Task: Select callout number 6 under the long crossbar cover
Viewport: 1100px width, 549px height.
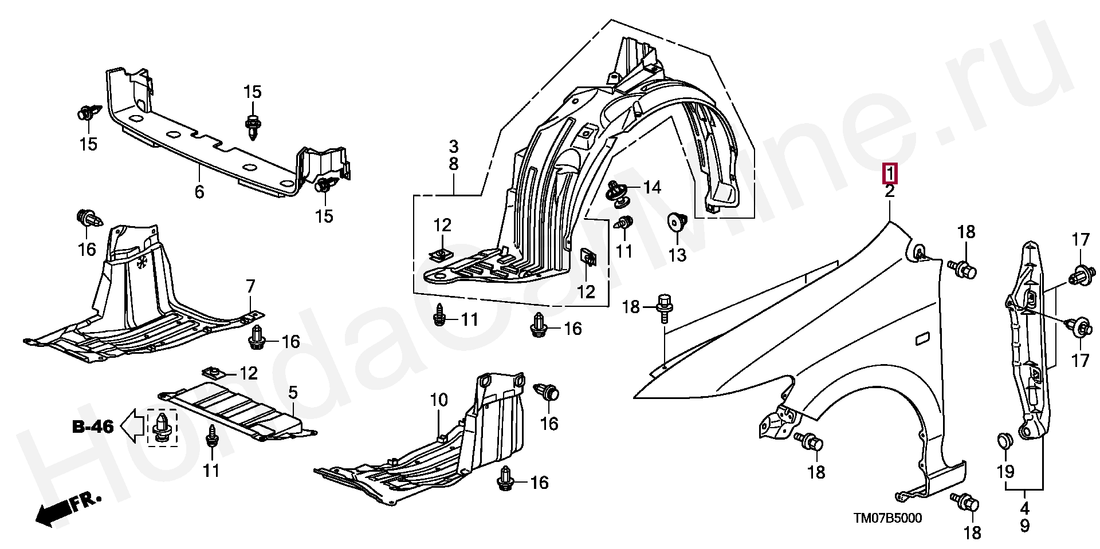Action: coord(199,191)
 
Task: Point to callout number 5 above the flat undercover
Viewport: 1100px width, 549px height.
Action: coord(293,392)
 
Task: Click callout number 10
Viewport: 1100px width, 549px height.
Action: coord(439,400)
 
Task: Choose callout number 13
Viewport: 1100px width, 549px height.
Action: coord(677,254)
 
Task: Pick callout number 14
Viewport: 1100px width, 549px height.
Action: coord(652,187)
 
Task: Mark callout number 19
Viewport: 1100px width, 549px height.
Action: coord(1005,472)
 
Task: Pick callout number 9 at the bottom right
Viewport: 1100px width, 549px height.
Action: coord(1024,526)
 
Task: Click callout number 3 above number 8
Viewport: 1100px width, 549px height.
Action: coord(453,146)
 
